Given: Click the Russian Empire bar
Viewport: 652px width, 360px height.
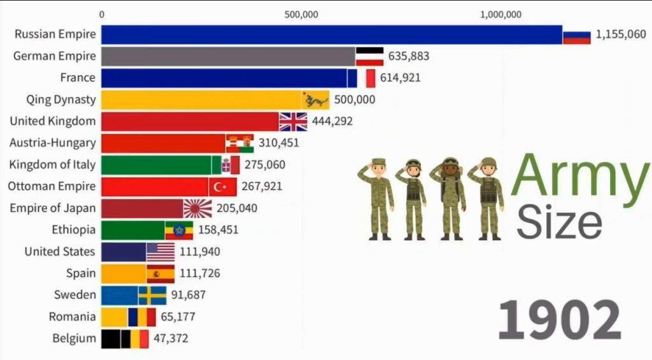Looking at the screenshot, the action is point(332,34).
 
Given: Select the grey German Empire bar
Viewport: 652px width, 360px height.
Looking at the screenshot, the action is point(229,56).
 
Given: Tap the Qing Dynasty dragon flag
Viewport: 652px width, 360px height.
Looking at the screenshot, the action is point(315,100).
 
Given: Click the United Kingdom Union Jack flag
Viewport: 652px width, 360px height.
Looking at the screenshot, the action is point(293,122).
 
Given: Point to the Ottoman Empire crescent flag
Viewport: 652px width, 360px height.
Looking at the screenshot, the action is point(222,187).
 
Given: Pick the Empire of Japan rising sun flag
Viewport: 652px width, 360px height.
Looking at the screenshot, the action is point(197,208).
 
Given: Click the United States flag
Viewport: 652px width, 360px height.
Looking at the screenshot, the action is point(160,252).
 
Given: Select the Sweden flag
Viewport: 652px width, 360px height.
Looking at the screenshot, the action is point(152,296).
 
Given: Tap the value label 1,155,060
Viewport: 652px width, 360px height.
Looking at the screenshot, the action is point(621,34).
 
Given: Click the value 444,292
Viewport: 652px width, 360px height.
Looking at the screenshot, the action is point(332,121).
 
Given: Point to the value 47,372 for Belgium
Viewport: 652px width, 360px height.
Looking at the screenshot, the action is point(171,338).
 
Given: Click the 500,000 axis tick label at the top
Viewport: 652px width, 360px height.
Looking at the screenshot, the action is point(301,15).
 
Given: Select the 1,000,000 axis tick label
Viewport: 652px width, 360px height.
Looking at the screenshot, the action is point(500,15).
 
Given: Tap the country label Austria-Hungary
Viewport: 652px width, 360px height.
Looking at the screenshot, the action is point(53,143).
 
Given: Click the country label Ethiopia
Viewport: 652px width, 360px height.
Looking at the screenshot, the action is point(74,229).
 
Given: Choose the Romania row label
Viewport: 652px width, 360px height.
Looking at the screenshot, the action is point(73,317).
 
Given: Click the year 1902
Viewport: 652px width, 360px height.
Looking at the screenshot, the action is point(559,320).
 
